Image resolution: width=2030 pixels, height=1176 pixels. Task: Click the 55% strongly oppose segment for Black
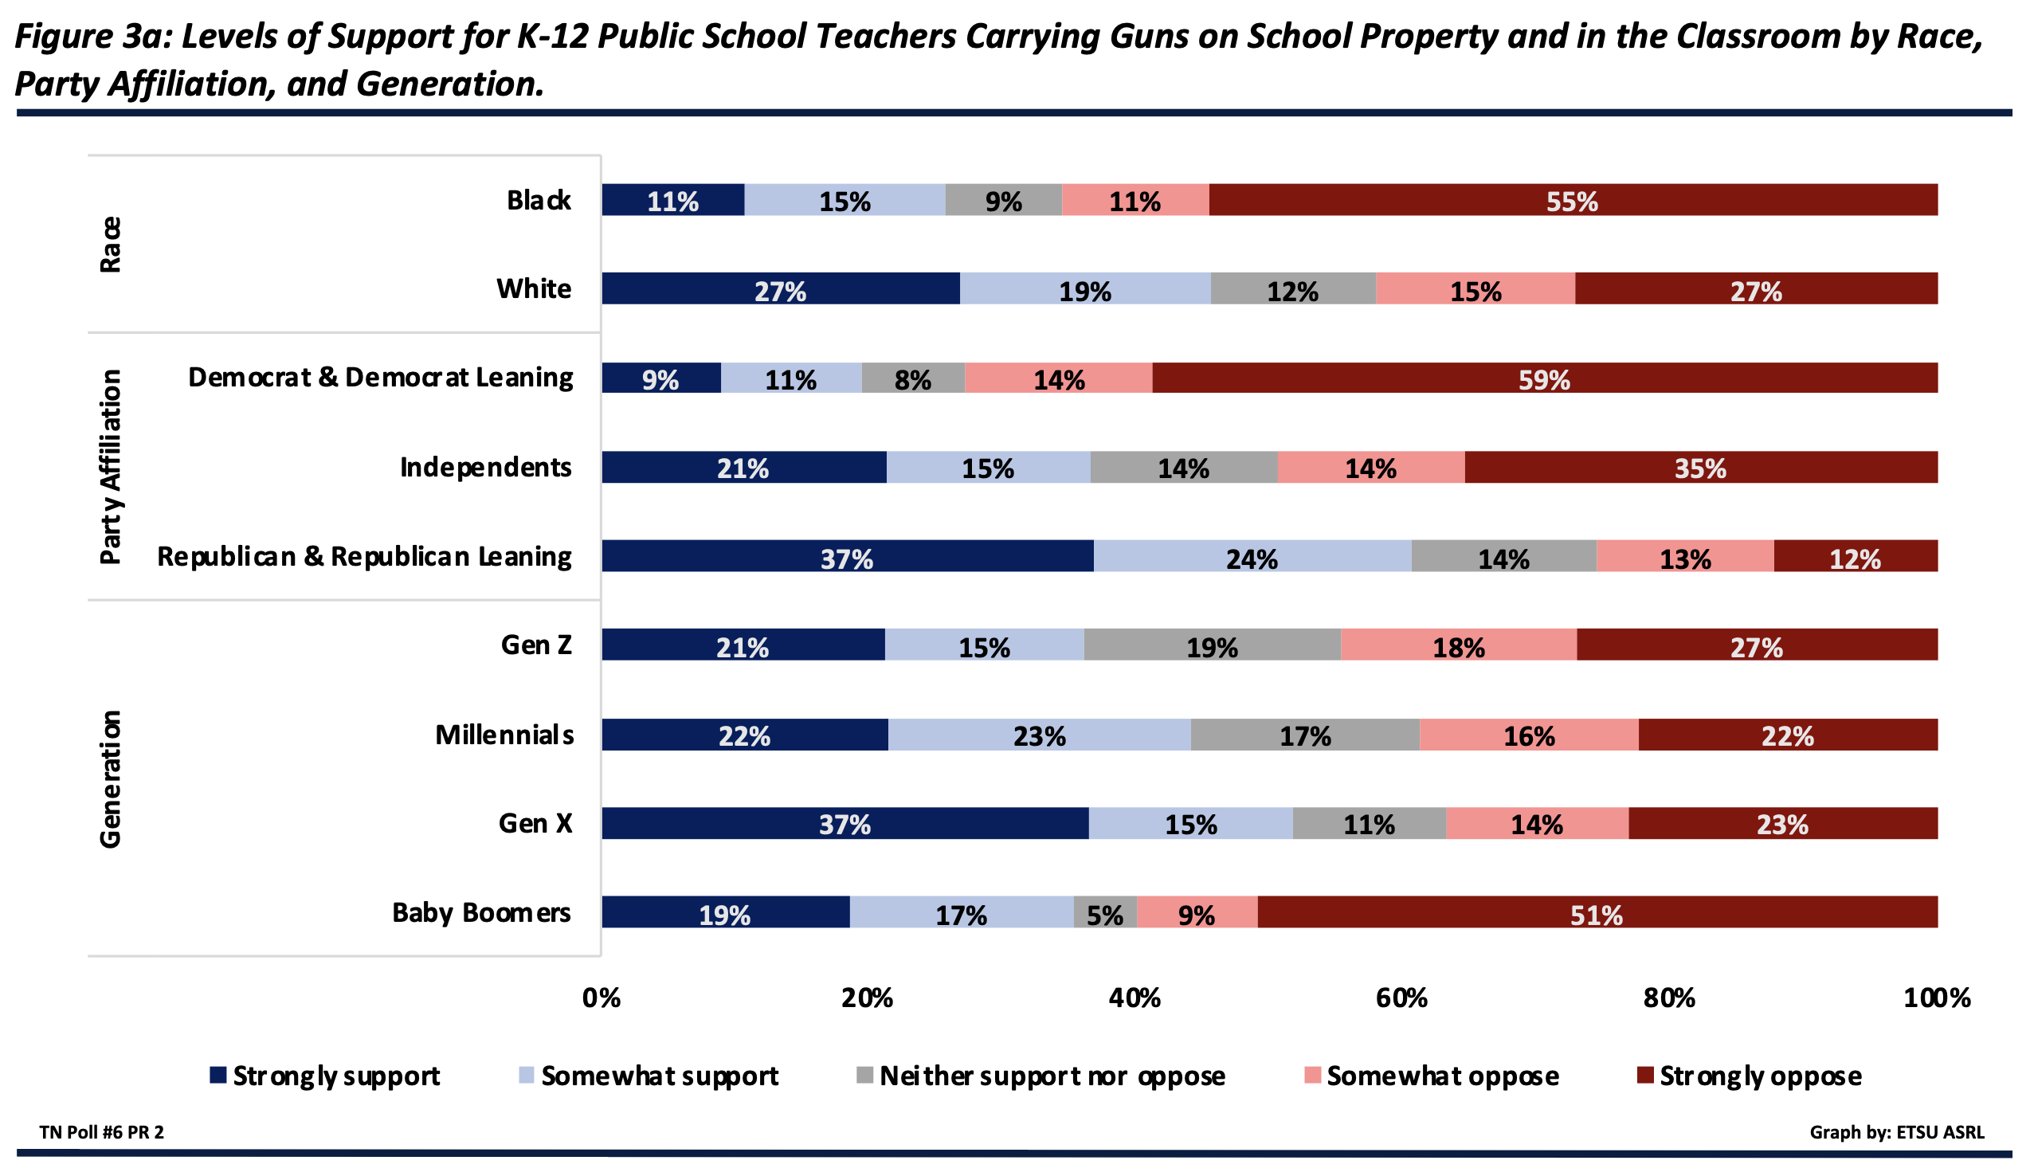click(1572, 200)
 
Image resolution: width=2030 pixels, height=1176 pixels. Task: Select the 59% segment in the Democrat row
click(1543, 378)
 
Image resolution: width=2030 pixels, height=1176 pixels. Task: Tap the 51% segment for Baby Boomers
click(1596, 913)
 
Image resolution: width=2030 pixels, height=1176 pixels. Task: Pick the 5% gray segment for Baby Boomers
click(1104, 913)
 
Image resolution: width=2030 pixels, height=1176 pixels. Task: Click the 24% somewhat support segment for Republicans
click(1251, 558)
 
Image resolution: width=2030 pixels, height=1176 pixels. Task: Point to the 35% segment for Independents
click(1699, 468)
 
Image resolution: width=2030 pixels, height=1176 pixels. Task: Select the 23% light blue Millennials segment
click(1039, 735)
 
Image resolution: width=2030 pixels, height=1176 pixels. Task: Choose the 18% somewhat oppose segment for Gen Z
click(1458, 646)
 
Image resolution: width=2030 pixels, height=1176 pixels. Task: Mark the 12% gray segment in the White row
click(1292, 289)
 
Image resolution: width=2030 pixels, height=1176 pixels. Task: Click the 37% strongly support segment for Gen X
click(845, 824)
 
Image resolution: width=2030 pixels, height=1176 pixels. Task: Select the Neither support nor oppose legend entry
click(1040, 1076)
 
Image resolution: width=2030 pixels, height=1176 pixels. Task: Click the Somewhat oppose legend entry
click(1432, 1076)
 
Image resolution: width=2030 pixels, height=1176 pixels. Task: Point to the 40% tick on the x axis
click(1135, 999)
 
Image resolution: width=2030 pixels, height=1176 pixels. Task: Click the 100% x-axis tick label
click(1937, 999)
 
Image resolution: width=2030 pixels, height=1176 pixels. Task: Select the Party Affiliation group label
click(111, 467)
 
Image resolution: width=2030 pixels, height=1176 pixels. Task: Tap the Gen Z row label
click(535, 645)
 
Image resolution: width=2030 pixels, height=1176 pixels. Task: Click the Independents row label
click(486, 467)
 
